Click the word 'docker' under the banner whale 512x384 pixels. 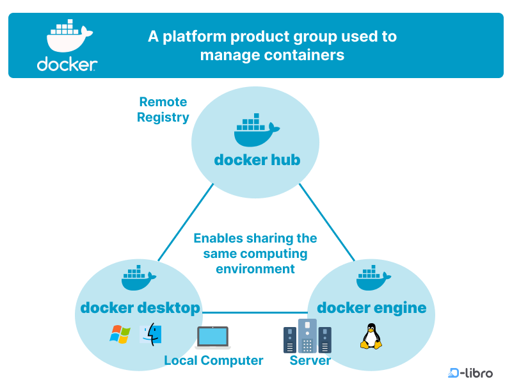tap(67, 65)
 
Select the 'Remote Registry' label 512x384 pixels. tap(163, 109)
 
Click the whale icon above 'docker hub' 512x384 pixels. tap(255, 131)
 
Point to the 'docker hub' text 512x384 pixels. tap(257, 159)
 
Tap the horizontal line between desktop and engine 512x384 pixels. tap(256, 313)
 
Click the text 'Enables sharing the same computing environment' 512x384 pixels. tap(255, 253)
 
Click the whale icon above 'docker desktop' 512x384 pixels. tap(139, 278)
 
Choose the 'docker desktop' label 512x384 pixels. tap(140, 308)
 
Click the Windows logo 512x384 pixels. tap(120, 334)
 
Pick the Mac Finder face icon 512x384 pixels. tap(151, 335)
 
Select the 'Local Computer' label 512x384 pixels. tap(213, 360)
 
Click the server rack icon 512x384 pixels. tap(307, 337)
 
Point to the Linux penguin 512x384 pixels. tap(370, 337)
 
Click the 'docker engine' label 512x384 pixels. tap(371, 308)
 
